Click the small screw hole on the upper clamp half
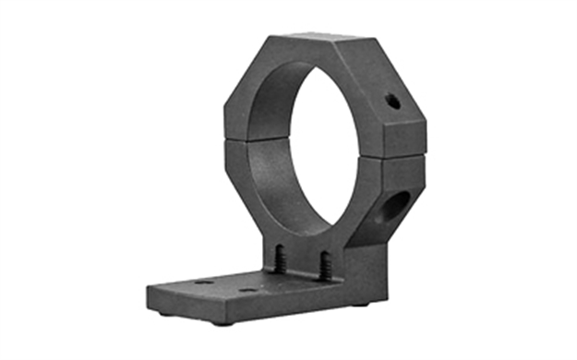(x=393, y=102)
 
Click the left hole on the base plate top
(x=204, y=281)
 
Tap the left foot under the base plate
(x=222, y=322)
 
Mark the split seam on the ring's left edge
(x=227, y=141)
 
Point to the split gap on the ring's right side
(x=404, y=157)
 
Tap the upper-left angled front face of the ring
(x=242, y=88)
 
